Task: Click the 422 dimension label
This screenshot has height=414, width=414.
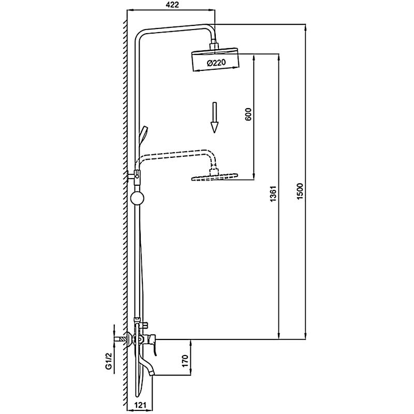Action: point(172,5)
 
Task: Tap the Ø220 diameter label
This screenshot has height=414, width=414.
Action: point(216,63)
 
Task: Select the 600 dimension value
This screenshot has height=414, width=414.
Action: point(248,114)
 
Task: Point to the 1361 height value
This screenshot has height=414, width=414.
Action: point(273,194)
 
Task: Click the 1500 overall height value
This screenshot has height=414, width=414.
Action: point(300,191)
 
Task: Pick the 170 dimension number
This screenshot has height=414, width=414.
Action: point(185,361)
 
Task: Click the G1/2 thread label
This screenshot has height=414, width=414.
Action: point(108,361)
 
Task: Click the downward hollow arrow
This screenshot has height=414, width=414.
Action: point(214,118)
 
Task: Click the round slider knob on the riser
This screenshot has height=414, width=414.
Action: point(137,198)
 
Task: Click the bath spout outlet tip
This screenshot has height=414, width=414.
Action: point(151,373)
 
